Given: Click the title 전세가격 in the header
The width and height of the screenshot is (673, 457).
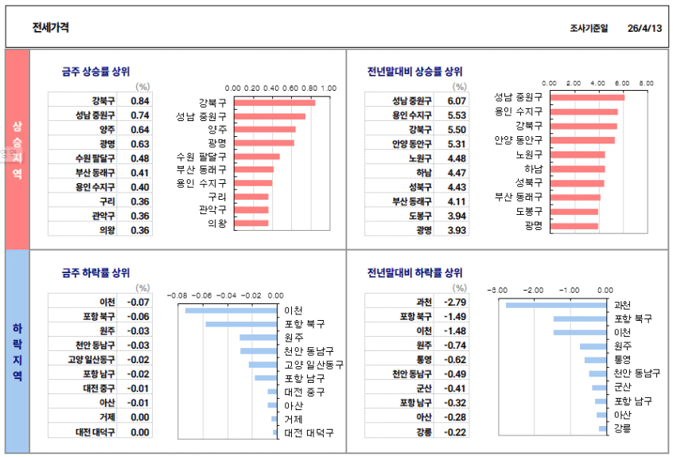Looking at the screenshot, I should click(50, 28).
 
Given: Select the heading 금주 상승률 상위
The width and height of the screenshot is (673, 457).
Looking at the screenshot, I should click(95, 71).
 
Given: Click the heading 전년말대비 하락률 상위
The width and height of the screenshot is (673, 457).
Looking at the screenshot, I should click(414, 272).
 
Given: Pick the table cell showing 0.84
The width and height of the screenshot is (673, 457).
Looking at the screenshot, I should click(140, 101).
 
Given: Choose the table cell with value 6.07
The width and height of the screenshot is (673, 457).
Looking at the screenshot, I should click(457, 101).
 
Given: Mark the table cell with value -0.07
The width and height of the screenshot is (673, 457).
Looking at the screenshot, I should click(139, 303).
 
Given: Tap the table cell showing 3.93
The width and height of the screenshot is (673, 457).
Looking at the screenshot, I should click(457, 230).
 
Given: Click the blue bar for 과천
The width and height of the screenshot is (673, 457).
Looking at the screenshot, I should click(558, 305).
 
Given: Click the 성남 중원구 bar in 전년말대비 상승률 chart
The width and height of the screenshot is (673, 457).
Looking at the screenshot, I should click(587, 97).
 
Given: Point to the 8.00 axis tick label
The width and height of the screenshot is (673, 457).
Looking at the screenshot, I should click(646, 83).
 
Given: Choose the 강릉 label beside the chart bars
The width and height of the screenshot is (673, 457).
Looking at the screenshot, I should click(623, 429).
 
